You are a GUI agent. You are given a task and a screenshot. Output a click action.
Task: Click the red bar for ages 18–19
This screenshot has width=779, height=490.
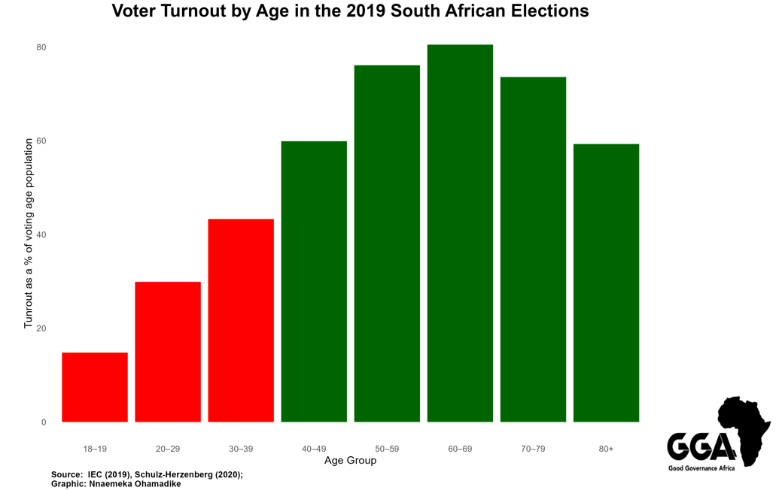95,387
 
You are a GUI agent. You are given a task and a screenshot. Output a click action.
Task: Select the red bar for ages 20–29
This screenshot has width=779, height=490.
168,352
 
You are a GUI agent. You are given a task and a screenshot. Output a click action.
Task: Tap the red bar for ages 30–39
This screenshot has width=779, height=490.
241,320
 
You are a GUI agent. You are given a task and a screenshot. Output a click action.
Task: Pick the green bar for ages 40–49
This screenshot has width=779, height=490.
314,281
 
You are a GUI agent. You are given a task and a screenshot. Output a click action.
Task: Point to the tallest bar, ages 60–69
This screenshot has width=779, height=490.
460,233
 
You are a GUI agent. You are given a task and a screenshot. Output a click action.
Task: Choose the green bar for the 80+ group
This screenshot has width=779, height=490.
606,283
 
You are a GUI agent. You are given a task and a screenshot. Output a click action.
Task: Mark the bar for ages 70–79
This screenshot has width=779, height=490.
533,250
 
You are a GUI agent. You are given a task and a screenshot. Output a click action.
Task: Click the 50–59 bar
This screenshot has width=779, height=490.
387,243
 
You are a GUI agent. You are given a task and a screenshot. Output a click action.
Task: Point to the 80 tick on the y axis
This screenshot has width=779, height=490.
41,47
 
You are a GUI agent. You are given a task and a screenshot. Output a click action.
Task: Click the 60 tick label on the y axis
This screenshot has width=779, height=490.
41,141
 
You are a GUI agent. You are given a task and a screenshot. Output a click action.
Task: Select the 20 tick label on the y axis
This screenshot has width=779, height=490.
41,328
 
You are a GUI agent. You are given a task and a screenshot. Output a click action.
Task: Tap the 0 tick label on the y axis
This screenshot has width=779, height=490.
44,422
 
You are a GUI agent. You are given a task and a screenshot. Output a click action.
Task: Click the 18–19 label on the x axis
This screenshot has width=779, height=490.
95,449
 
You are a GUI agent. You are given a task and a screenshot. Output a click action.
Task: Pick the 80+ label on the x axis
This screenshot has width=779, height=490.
606,449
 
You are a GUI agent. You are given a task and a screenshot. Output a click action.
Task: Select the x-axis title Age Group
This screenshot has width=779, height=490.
350,461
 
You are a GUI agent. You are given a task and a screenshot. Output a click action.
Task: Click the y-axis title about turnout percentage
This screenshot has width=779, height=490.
29,233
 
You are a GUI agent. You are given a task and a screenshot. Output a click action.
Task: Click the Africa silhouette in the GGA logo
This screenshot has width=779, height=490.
744,428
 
